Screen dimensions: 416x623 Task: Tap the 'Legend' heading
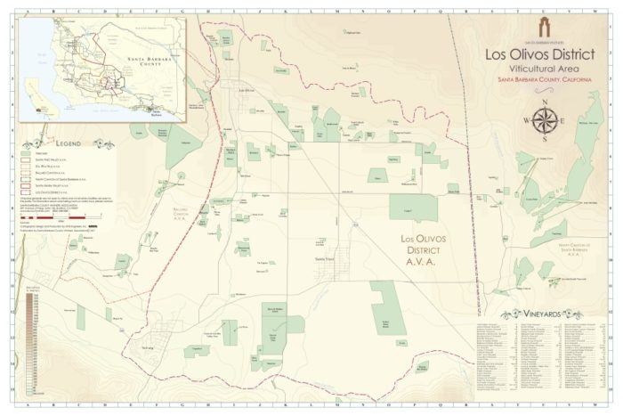tap(68, 143)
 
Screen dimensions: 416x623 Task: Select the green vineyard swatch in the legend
tap(28, 153)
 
